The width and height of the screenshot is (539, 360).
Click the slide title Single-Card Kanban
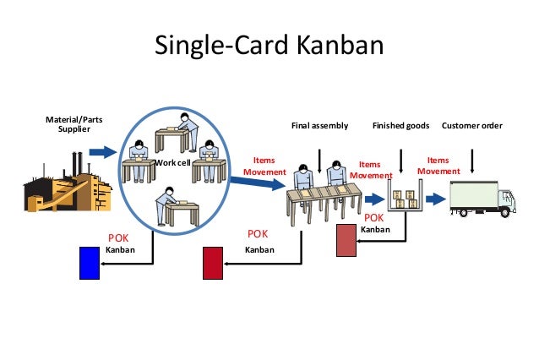269,45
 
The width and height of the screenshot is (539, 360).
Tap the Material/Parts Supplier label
74,124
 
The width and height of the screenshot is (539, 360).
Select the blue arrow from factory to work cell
102,152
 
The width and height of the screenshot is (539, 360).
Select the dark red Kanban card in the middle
213,263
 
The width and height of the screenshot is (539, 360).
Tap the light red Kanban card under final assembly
346,241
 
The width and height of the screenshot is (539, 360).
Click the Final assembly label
319,126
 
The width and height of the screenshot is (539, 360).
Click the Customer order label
472,126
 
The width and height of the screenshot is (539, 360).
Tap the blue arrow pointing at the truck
434,199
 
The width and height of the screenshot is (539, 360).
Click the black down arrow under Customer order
471,160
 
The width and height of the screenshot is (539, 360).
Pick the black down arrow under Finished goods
400,160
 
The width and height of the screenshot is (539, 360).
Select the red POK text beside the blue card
117,237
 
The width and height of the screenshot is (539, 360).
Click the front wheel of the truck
506,213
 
